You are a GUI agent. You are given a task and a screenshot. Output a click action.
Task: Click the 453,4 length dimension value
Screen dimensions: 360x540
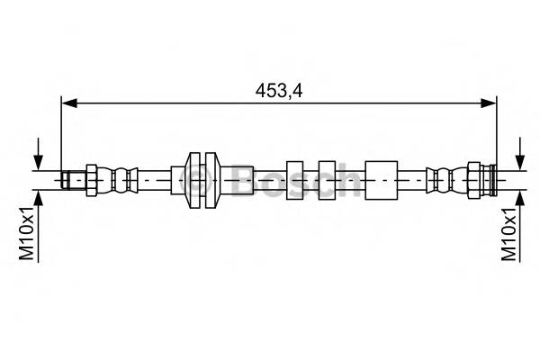(x=280, y=89)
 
